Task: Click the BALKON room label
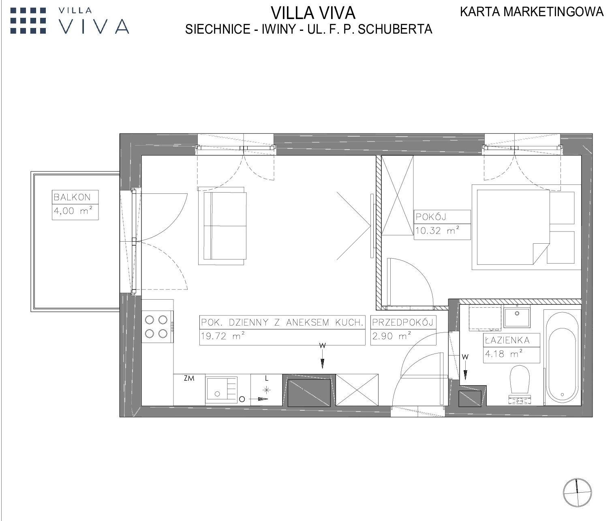(x=72, y=197)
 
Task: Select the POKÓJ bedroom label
(x=431, y=217)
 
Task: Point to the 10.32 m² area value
(x=437, y=230)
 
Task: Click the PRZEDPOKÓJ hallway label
(x=403, y=322)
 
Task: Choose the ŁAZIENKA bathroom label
(x=507, y=340)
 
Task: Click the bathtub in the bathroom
(x=562, y=357)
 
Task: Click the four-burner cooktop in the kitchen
(x=157, y=327)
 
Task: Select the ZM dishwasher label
(x=189, y=378)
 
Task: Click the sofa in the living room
(x=222, y=226)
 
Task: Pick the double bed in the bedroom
(x=512, y=227)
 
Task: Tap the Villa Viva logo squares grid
(x=28, y=21)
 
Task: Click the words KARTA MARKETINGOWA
(x=532, y=12)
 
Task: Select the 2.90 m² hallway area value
(x=392, y=336)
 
